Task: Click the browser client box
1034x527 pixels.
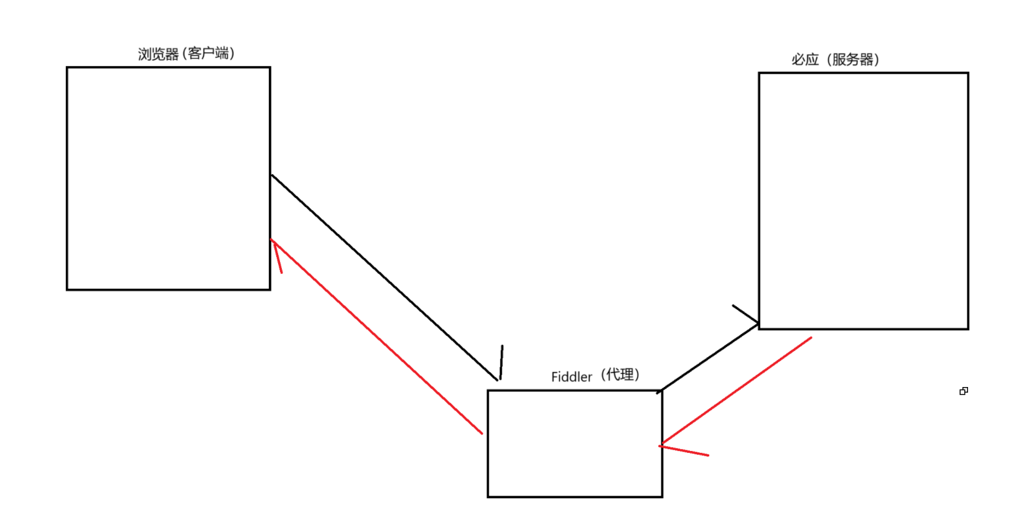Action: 168,178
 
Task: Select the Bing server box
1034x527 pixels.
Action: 863,200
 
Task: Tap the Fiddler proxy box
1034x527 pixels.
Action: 574,443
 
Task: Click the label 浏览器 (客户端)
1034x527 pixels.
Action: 186,54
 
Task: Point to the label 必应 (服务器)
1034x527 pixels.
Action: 835,60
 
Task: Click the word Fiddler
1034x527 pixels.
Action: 571,377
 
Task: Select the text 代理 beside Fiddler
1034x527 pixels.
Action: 620,375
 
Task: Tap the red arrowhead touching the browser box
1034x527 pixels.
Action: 277,255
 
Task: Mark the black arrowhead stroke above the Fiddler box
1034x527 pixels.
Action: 501,362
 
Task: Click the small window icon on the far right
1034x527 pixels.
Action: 964,391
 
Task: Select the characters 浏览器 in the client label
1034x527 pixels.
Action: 158,54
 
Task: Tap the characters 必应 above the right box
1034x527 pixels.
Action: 804,60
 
